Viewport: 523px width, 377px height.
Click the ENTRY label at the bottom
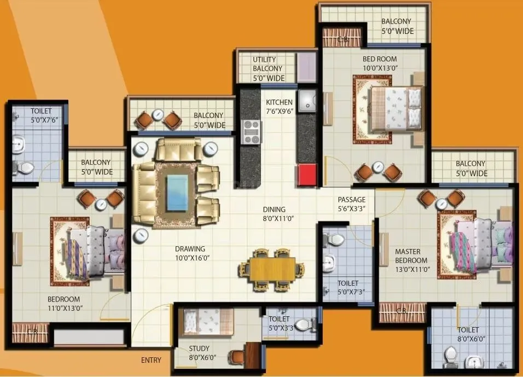(x=151, y=360)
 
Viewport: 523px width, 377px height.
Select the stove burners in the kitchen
(x=251, y=132)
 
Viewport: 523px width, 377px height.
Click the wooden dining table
(x=272, y=269)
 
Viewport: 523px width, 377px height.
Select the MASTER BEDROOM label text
(x=412, y=260)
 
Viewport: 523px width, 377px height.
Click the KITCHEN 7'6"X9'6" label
(x=279, y=107)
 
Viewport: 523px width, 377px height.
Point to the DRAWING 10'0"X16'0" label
(x=190, y=253)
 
